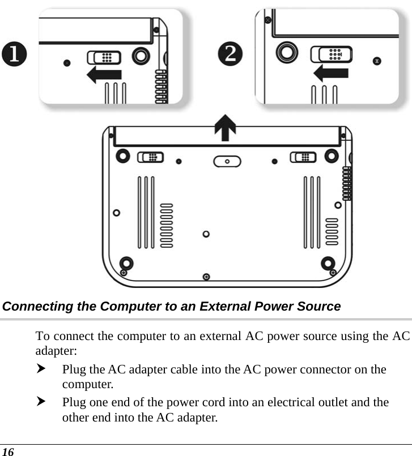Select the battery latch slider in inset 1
103,57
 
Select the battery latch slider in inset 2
332,54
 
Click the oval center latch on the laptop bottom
226,162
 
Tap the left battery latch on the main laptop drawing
151,157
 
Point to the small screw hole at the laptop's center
206,234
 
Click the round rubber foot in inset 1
140,57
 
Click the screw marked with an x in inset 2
377,59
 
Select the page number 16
7,450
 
